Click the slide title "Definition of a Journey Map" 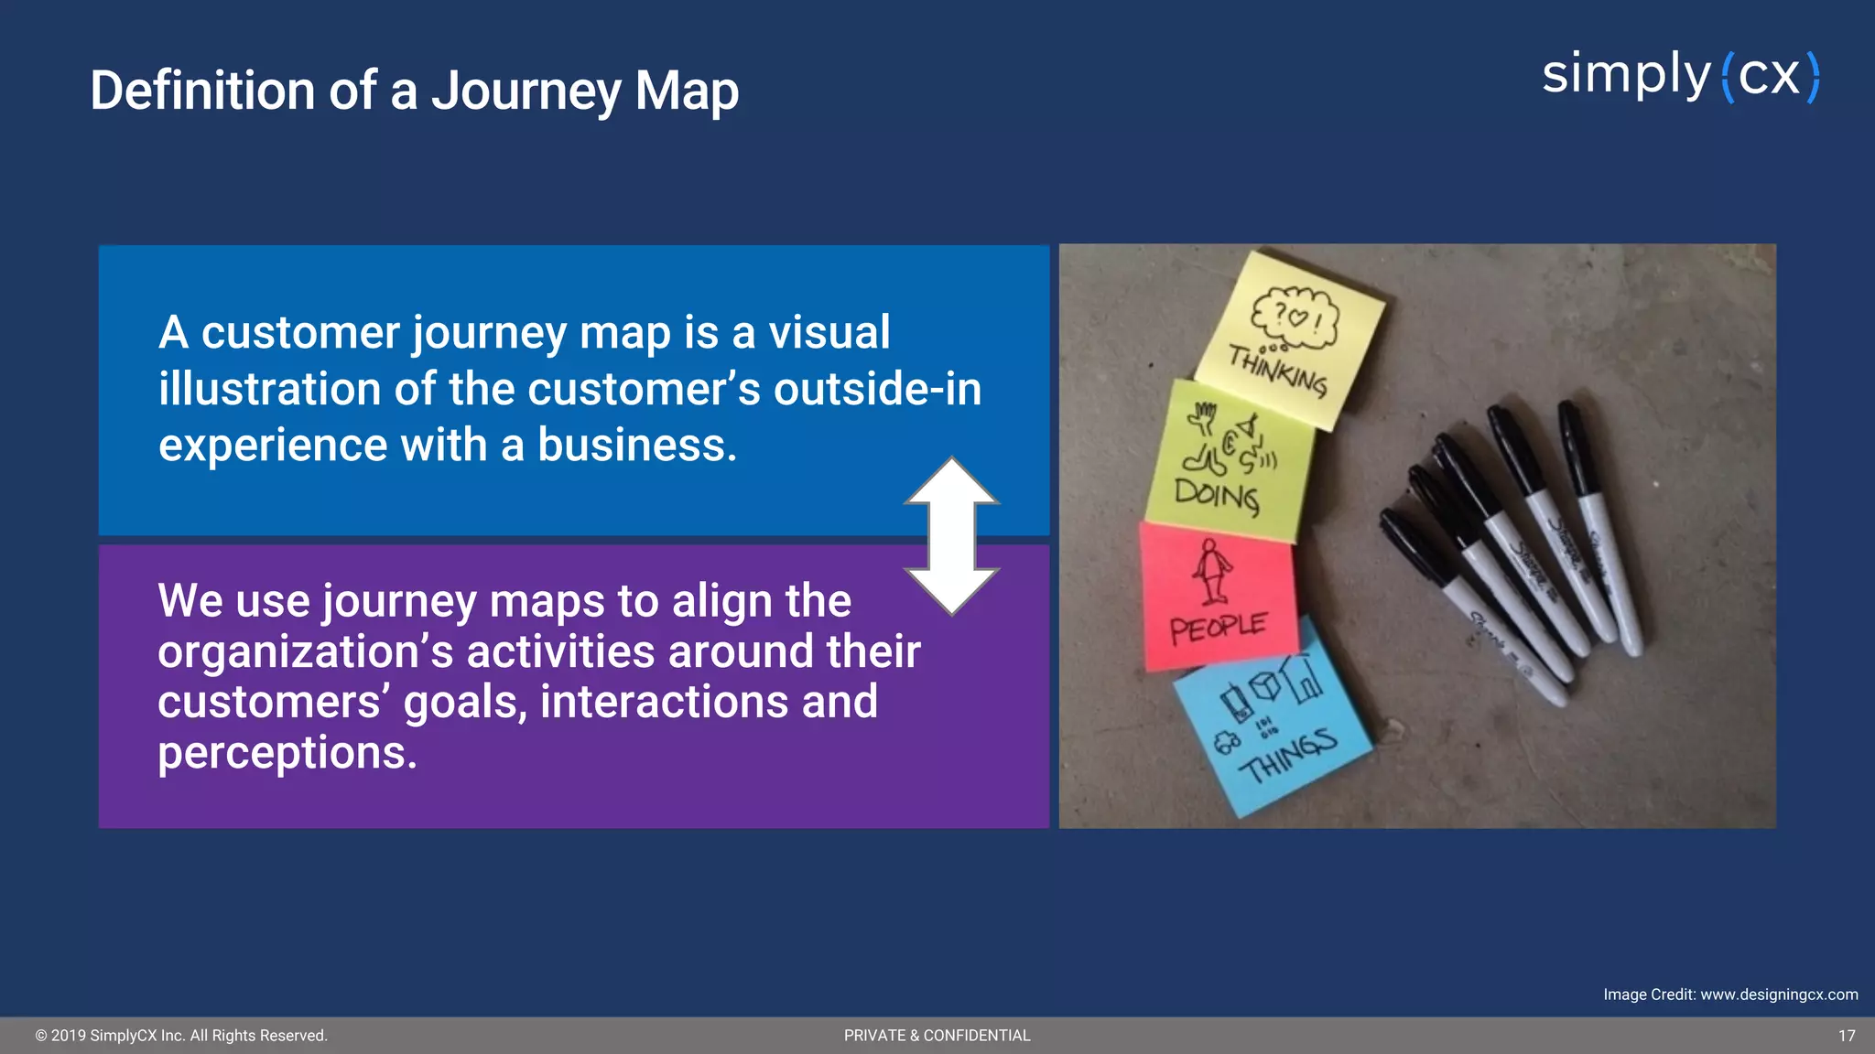(x=414, y=91)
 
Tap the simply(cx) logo (x=1680, y=76)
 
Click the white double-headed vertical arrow (x=951, y=536)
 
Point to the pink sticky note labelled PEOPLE (x=1218, y=595)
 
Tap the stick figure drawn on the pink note (x=1212, y=571)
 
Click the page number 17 (x=1847, y=1036)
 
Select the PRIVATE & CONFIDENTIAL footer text (x=937, y=1036)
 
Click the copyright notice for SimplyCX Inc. (x=181, y=1036)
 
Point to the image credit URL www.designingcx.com (x=1779, y=995)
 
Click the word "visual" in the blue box (x=829, y=332)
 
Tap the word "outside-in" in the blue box (x=877, y=389)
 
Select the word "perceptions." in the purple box (x=287, y=754)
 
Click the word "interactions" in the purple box (x=665, y=703)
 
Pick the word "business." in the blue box (x=636, y=446)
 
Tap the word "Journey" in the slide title (x=526, y=92)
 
